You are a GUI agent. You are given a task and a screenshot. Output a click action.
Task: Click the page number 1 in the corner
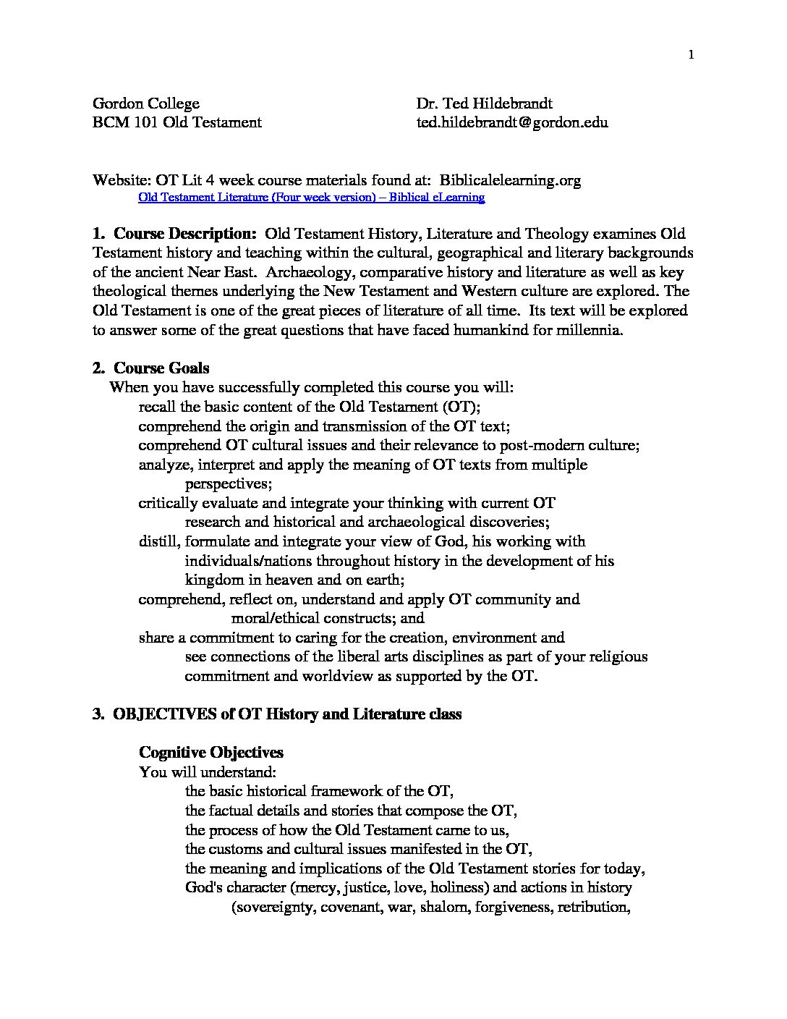692,55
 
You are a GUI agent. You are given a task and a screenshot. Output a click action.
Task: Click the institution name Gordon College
146,103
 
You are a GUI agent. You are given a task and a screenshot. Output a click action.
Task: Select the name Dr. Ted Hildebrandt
484,103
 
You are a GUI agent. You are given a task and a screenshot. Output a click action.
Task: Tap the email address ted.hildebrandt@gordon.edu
511,122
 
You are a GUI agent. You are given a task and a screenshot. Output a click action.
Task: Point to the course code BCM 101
120,122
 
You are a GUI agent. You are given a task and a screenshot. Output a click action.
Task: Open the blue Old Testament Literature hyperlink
311,197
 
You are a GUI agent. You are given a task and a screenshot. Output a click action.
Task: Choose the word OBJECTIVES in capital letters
164,714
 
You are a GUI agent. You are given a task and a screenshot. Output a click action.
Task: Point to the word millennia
584,330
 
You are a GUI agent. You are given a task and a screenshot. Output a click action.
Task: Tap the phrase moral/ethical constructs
328,619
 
